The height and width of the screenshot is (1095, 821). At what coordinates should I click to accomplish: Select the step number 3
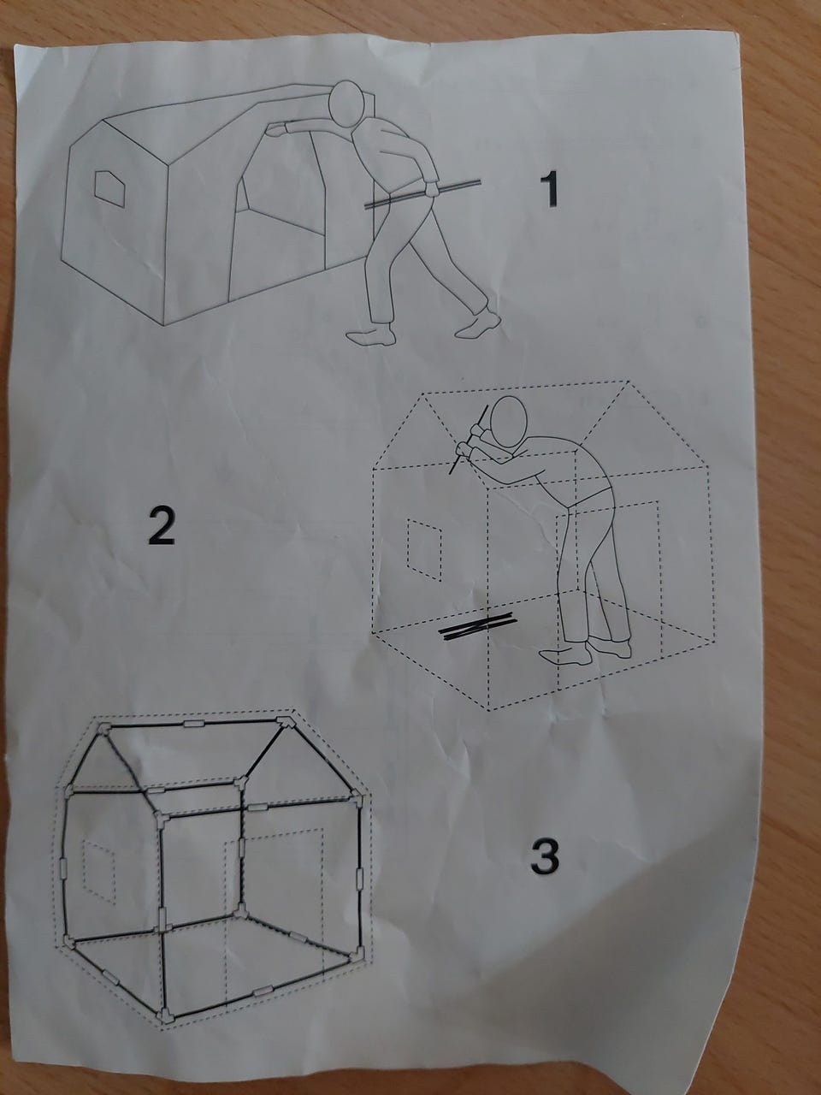click(545, 855)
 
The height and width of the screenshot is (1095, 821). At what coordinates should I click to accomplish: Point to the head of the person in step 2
click(509, 422)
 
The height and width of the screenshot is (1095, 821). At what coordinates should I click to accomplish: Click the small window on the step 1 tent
click(109, 188)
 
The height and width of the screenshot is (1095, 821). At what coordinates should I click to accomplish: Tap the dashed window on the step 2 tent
click(424, 549)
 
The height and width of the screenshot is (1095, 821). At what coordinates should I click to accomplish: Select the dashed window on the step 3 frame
click(98, 872)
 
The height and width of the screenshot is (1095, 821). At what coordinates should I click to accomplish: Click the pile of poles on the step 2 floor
click(477, 628)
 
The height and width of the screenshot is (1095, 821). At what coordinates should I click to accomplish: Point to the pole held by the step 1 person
click(422, 193)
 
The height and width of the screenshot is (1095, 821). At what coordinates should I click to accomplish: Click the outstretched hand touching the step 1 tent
click(275, 130)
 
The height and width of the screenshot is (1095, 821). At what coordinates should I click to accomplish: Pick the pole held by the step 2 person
click(469, 439)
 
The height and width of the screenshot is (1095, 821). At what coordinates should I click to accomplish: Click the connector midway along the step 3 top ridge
click(194, 724)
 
